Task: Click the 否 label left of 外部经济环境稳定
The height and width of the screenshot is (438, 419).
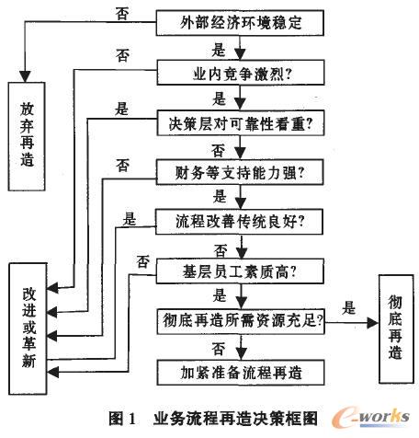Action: click(120, 13)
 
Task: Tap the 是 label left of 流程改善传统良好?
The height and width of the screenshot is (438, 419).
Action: click(130, 218)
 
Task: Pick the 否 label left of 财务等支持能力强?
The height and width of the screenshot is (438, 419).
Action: click(121, 165)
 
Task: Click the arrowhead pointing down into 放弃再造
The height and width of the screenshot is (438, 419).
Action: click(27, 73)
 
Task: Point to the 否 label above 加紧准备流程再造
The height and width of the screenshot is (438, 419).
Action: click(220, 348)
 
